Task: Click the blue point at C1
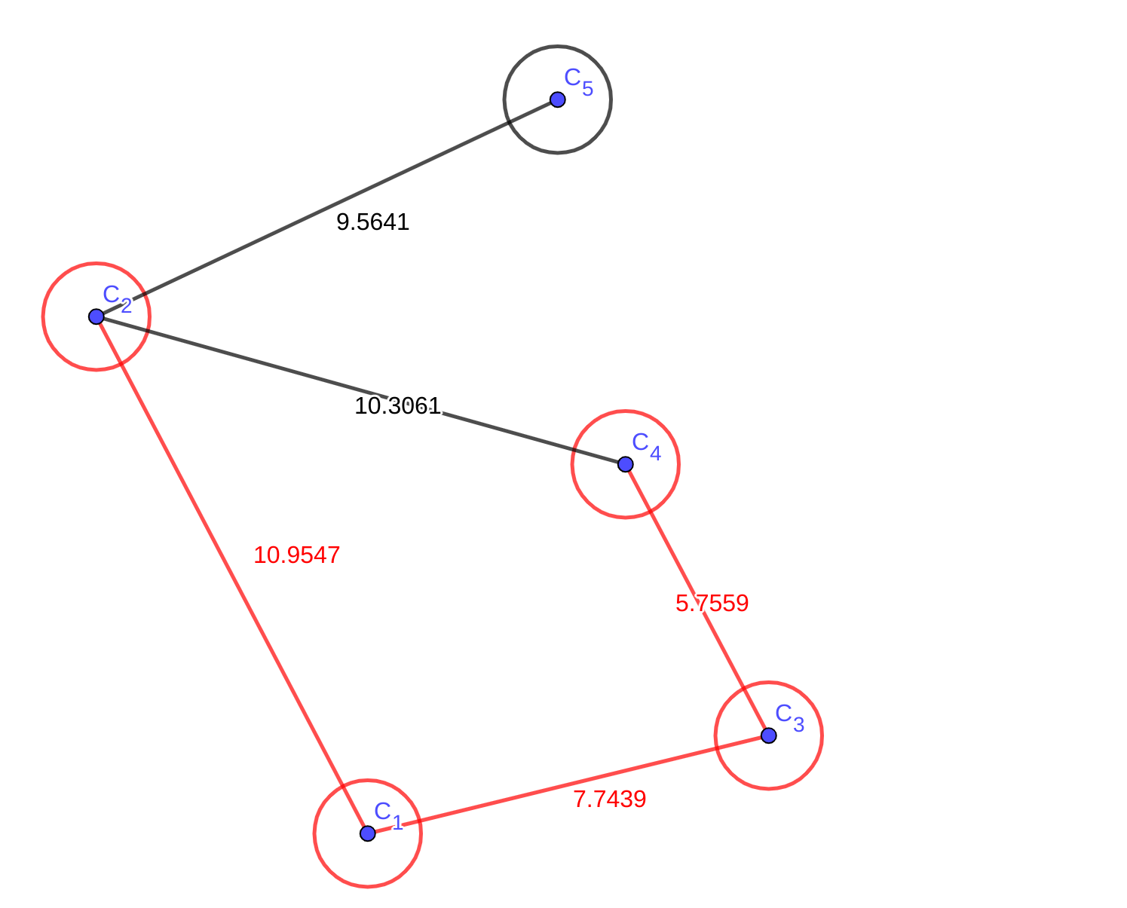367,833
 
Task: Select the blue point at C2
96,316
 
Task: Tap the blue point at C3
768,735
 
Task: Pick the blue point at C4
625,463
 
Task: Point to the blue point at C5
557,99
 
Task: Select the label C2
117,298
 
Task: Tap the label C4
646,445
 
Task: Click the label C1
388,815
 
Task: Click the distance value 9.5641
372,222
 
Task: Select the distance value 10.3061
397,406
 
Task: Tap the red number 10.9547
296,555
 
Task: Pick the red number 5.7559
712,604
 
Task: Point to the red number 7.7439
609,799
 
